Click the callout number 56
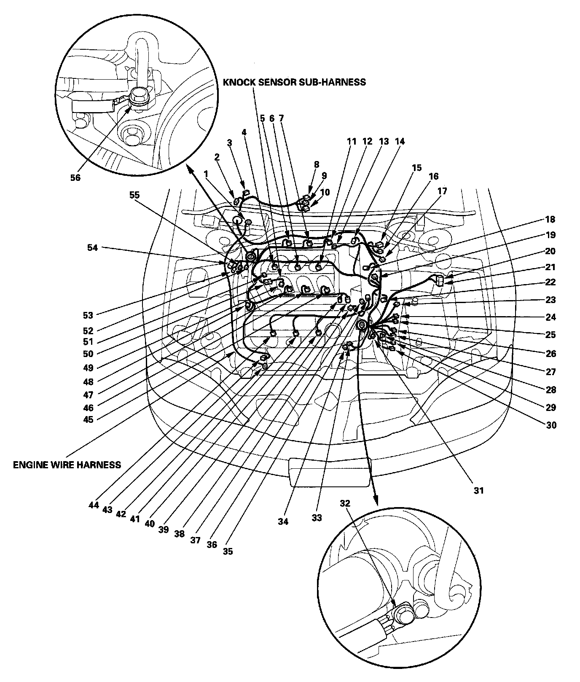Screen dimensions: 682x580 tap(75, 177)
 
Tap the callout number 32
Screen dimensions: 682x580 tap(345, 503)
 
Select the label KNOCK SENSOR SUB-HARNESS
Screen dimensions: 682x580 tap(294, 82)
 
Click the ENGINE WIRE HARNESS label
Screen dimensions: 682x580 tap(67, 465)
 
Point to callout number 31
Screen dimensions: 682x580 tap(478, 490)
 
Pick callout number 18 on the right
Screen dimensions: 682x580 tap(550, 219)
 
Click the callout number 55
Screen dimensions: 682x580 tap(134, 196)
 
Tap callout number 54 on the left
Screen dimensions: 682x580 tap(92, 248)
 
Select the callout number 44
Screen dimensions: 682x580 tap(93, 505)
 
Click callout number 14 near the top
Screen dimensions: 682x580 tap(400, 142)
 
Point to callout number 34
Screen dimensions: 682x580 tap(283, 521)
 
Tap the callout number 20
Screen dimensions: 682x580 tap(550, 251)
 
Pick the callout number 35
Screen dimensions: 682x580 tap(228, 551)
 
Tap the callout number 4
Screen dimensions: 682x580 tap(244, 132)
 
